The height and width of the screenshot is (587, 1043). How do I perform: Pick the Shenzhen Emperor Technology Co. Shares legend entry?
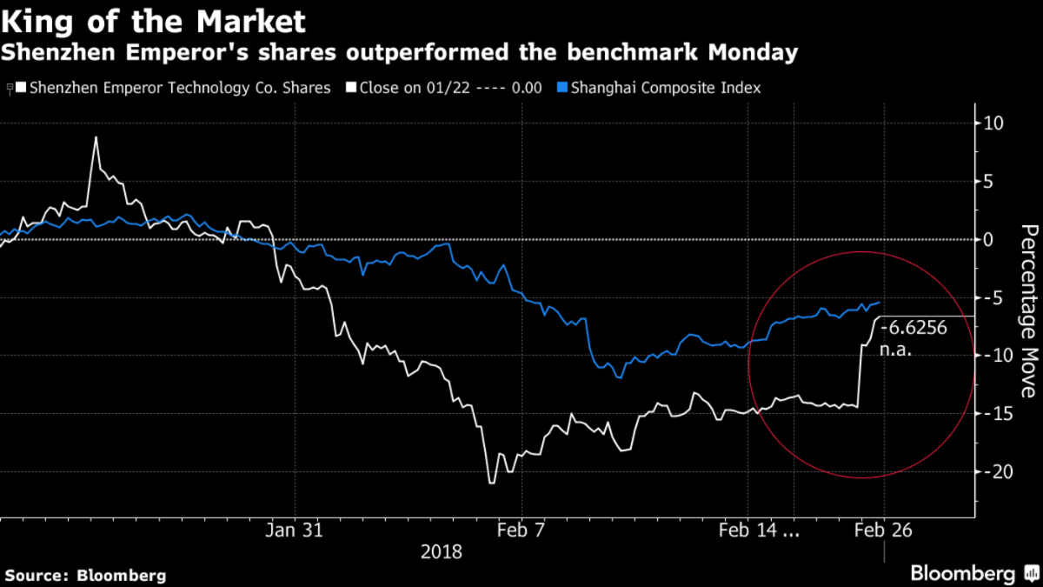click(x=179, y=88)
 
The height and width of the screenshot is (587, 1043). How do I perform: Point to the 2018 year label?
click(x=442, y=551)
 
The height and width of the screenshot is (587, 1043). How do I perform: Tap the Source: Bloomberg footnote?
click(x=85, y=575)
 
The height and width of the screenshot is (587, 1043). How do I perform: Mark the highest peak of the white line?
click(x=96, y=137)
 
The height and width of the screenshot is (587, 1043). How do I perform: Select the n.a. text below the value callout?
click(x=896, y=352)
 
